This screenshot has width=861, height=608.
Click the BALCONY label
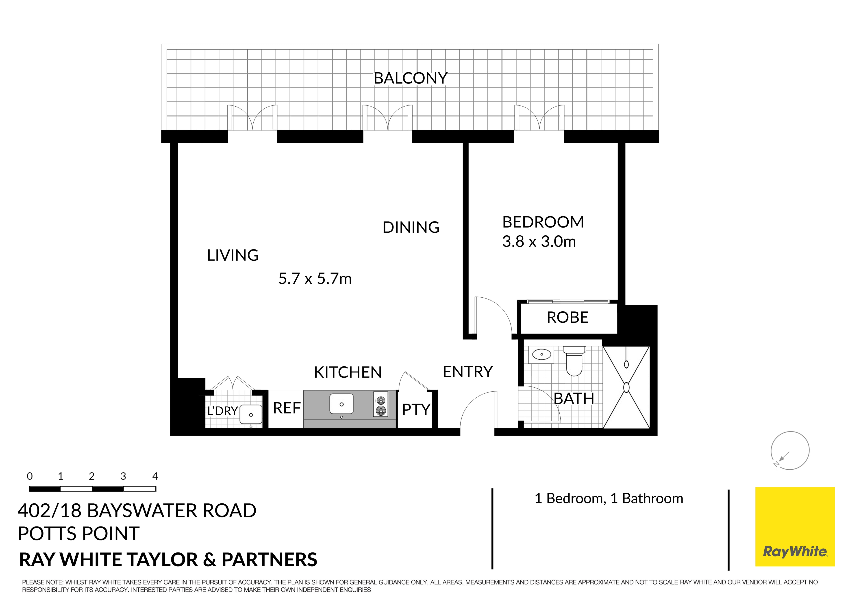tap(410, 78)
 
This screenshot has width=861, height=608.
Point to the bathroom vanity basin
tap(541, 354)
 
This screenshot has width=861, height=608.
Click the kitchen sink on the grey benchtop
tap(341, 404)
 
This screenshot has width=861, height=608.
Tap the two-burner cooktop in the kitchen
tap(380, 405)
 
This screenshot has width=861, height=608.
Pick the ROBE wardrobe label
tap(567, 318)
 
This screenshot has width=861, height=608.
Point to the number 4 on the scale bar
tap(155, 477)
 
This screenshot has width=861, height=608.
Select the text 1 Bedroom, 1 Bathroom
tap(609, 499)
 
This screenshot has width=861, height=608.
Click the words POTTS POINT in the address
tap(79, 534)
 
